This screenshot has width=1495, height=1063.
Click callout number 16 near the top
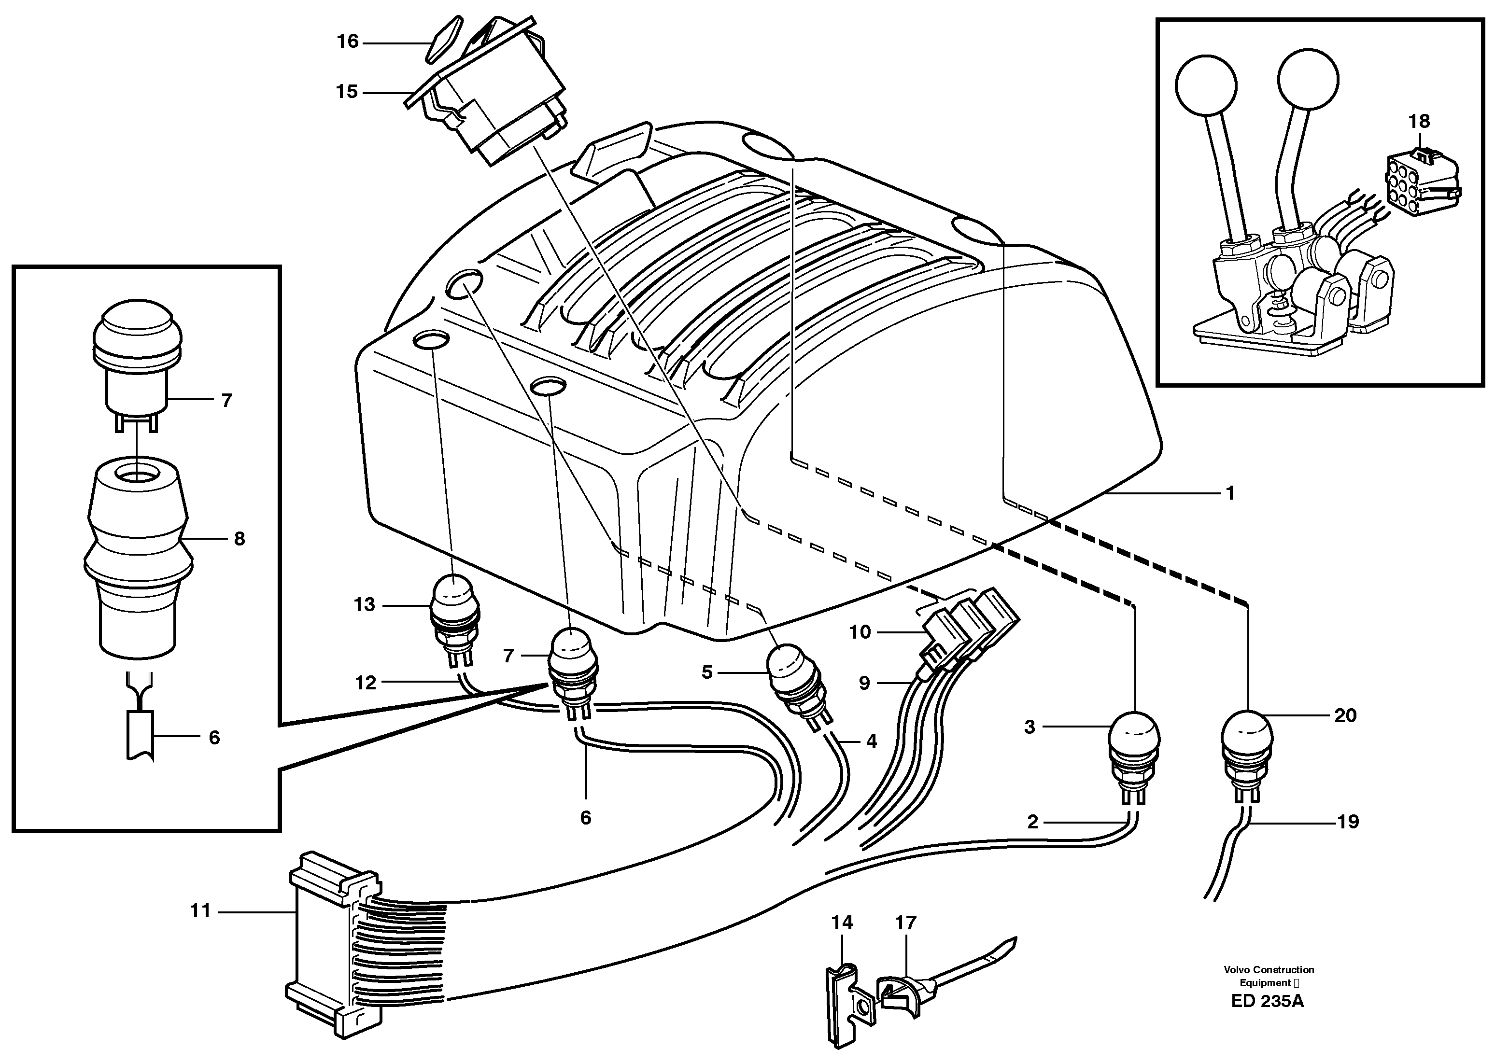click(x=348, y=42)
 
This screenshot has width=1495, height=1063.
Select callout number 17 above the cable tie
click(x=906, y=923)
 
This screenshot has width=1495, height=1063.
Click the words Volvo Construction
click(x=1269, y=969)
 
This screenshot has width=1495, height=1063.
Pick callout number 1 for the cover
click(x=1229, y=492)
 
